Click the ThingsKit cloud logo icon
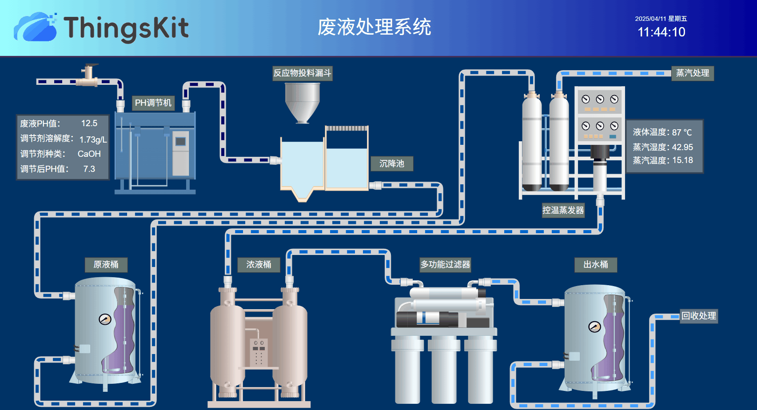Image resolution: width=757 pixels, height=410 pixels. click(36, 28)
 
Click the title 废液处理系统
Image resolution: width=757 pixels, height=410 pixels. click(374, 27)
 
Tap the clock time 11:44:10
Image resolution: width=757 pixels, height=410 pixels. click(661, 32)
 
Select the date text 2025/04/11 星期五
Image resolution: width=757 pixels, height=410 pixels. click(661, 19)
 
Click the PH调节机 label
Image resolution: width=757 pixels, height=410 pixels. click(153, 103)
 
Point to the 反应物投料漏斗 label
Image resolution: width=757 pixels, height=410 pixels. click(302, 73)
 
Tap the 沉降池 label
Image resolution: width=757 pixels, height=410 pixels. click(392, 163)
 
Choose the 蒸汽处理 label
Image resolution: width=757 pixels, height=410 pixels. click(692, 73)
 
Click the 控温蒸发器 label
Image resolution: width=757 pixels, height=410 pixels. click(563, 210)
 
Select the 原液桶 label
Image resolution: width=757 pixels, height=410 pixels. click(106, 265)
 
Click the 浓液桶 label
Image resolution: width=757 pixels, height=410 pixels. click(259, 265)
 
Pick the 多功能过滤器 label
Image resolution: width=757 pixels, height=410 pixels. click(445, 265)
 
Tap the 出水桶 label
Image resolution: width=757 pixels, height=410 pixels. click(595, 265)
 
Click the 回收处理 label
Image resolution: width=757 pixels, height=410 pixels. click(699, 316)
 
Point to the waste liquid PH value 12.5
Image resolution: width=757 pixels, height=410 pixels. click(89, 123)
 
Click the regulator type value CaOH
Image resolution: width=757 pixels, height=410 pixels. click(89, 154)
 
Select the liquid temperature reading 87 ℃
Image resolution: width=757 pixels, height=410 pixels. click(682, 132)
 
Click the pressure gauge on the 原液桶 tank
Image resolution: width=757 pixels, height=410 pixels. click(105, 319)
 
